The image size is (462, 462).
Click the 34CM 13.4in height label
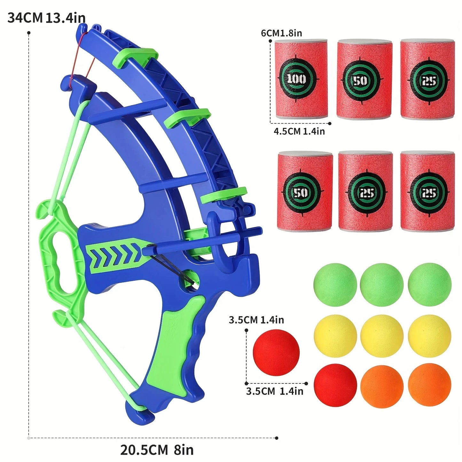pos(46,18)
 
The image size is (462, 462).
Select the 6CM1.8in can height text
pos(281,33)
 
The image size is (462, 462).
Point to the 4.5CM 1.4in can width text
pos(299,131)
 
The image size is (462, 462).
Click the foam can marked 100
pos(301,79)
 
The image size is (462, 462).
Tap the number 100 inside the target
pos(296,79)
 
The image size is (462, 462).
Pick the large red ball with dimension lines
pos(276,352)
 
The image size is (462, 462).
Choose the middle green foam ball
pos(381,285)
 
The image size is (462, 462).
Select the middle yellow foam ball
pos(381,336)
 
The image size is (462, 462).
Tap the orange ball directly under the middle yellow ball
pos(381,385)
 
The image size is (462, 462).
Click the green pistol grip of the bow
pos(173,345)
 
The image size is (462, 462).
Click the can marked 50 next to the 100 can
pos(364,79)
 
